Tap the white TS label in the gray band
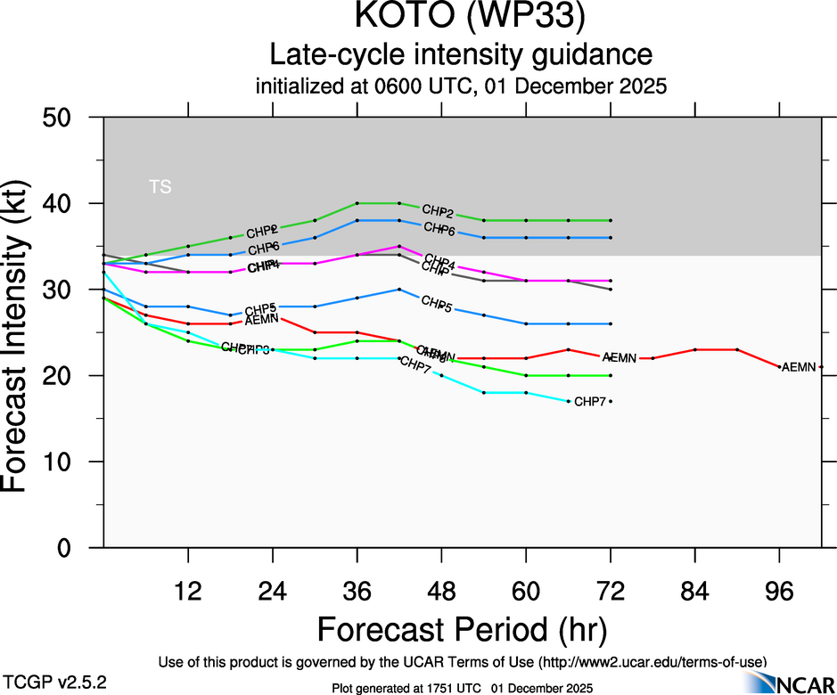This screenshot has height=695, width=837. [160, 187]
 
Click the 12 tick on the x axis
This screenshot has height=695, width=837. [188, 590]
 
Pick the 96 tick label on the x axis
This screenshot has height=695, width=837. [779, 590]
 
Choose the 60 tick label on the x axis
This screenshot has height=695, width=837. [526, 590]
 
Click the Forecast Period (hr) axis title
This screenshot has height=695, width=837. [462, 629]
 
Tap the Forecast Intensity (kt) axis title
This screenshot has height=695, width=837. [24, 331]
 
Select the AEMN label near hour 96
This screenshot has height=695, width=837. [799, 367]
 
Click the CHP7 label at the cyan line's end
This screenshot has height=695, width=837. [590, 402]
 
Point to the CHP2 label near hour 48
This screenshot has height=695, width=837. [438, 212]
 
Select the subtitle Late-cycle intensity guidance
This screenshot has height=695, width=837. [462, 55]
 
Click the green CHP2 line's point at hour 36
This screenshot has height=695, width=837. [357, 203]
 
